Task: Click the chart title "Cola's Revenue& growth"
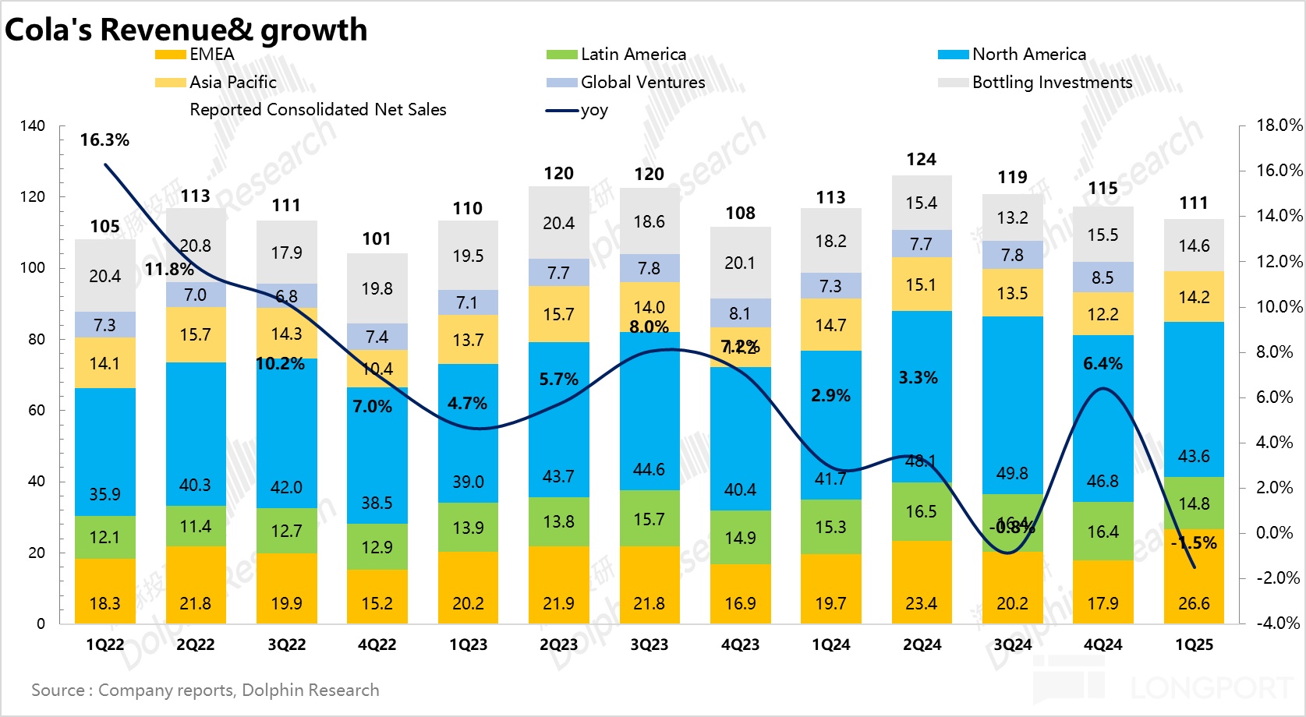point(186,30)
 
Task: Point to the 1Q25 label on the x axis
point(1194,645)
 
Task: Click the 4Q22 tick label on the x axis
point(377,645)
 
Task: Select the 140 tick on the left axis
point(33,126)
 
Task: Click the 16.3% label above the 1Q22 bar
point(104,140)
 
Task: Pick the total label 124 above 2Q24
point(921,160)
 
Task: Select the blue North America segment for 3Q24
point(1012,405)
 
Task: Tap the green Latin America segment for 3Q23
point(649,518)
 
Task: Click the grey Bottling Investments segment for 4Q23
point(740,263)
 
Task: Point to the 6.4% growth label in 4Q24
point(1102,364)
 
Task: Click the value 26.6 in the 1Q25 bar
point(1194,604)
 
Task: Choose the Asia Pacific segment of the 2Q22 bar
point(195,335)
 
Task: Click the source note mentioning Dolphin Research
point(205,691)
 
